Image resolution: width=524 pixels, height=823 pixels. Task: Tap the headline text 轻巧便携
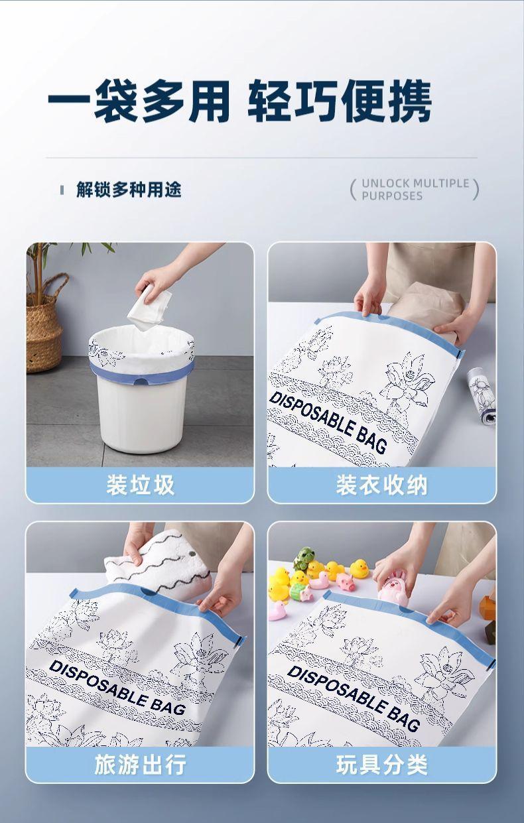tap(340, 101)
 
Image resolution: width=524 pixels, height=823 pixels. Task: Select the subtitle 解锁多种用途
tap(129, 190)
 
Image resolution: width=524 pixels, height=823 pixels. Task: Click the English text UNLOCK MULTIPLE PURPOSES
tap(415, 190)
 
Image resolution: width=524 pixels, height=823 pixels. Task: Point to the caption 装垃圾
tap(141, 485)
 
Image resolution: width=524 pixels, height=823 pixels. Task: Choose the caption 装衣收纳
tap(382, 485)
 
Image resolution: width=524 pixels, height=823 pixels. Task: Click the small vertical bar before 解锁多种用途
tap(62, 190)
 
